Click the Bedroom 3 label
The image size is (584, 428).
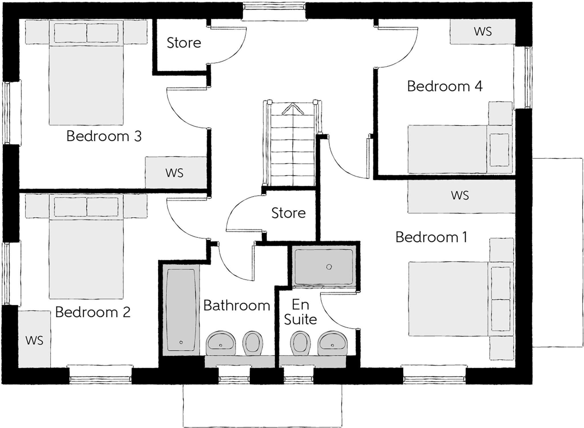coord(104,136)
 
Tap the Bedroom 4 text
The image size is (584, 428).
coord(445,86)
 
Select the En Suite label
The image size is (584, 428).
coord(300,312)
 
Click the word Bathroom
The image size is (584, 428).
coord(237,306)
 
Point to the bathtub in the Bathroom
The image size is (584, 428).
coord(181,310)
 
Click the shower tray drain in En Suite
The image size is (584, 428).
coord(329,267)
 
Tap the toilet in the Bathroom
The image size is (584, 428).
coord(252,343)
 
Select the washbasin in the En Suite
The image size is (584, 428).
coord(332,343)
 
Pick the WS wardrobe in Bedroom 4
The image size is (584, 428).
coord(482,31)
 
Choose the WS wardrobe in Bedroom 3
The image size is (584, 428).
coord(175,173)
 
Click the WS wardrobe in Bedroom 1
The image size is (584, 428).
coord(460,196)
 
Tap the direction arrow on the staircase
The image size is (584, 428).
coord(293,109)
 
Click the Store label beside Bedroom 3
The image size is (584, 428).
coord(184,43)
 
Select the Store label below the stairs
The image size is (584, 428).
coord(288,213)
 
